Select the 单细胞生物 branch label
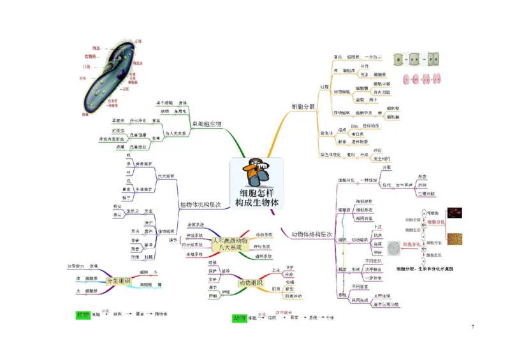coord(207,124)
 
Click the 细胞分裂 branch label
coord(303,106)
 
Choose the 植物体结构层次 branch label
coord(200,205)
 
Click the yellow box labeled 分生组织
coord(118,280)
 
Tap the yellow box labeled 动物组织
coord(251,282)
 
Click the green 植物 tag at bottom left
coord(83,315)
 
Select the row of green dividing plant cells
coord(417,59)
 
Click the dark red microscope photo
coord(454,213)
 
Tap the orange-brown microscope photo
coord(454,238)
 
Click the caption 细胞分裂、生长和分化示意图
coord(424,270)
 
